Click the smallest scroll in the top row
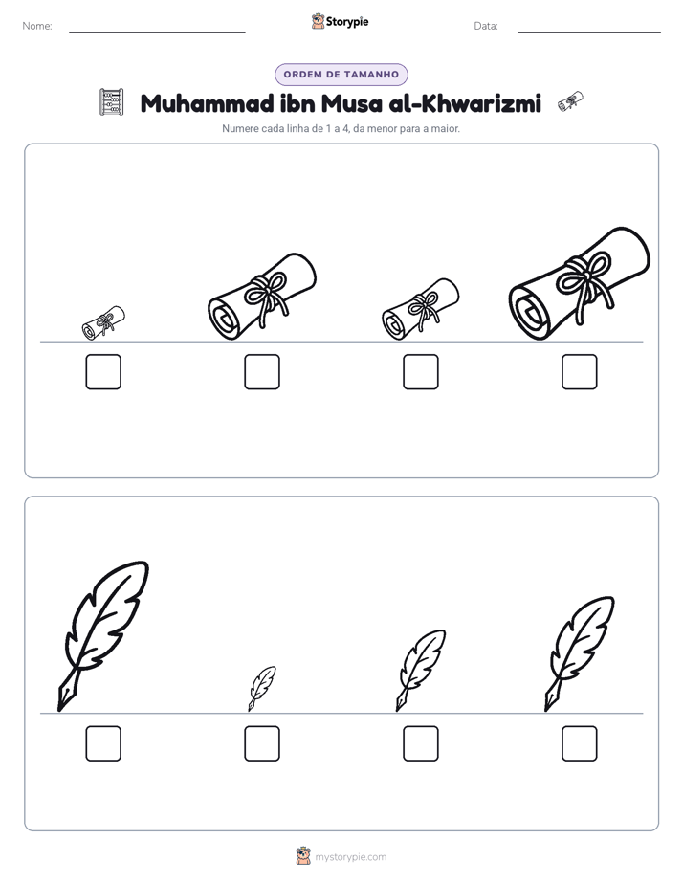point(103,323)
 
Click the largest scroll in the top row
point(580,284)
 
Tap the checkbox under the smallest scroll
point(103,371)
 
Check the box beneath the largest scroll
point(580,371)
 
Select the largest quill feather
point(103,636)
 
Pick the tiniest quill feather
point(262,689)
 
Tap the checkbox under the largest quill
point(103,743)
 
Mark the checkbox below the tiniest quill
point(262,743)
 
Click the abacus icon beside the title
point(111,102)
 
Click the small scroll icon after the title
point(570,100)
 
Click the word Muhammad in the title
point(208,103)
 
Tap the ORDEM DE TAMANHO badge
point(341,75)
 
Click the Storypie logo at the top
point(341,22)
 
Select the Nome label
point(37,26)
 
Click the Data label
point(486,26)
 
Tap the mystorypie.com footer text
point(350,857)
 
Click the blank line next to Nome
point(157,32)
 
